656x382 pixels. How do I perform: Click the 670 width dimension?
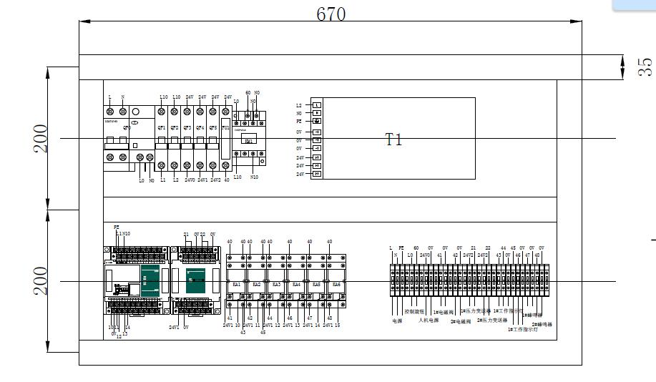pyautogui.click(x=331, y=14)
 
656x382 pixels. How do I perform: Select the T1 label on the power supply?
pyautogui.click(x=394, y=139)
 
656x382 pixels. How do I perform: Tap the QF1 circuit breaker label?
pyautogui.click(x=162, y=128)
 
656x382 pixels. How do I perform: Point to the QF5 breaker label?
pyautogui.click(x=213, y=128)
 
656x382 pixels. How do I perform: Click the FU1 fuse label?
pyautogui.click(x=226, y=128)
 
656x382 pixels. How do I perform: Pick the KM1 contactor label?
pyautogui.click(x=249, y=141)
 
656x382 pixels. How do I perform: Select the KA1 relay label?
pyautogui.click(x=237, y=284)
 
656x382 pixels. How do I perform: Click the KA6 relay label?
pyautogui.click(x=336, y=284)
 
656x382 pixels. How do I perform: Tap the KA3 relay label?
pyautogui.click(x=277, y=284)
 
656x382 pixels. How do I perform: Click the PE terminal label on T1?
pyautogui.click(x=299, y=122)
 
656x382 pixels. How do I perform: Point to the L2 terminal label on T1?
pyautogui.click(x=299, y=105)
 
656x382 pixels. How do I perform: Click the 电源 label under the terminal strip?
pyautogui.click(x=397, y=320)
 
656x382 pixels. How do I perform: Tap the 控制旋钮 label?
pyautogui.click(x=415, y=312)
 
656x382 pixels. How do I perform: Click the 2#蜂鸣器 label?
pyautogui.click(x=542, y=324)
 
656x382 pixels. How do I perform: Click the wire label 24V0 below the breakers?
pyautogui.click(x=190, y=180)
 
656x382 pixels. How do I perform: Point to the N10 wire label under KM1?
pyautogui.click(x=254, y=176)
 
